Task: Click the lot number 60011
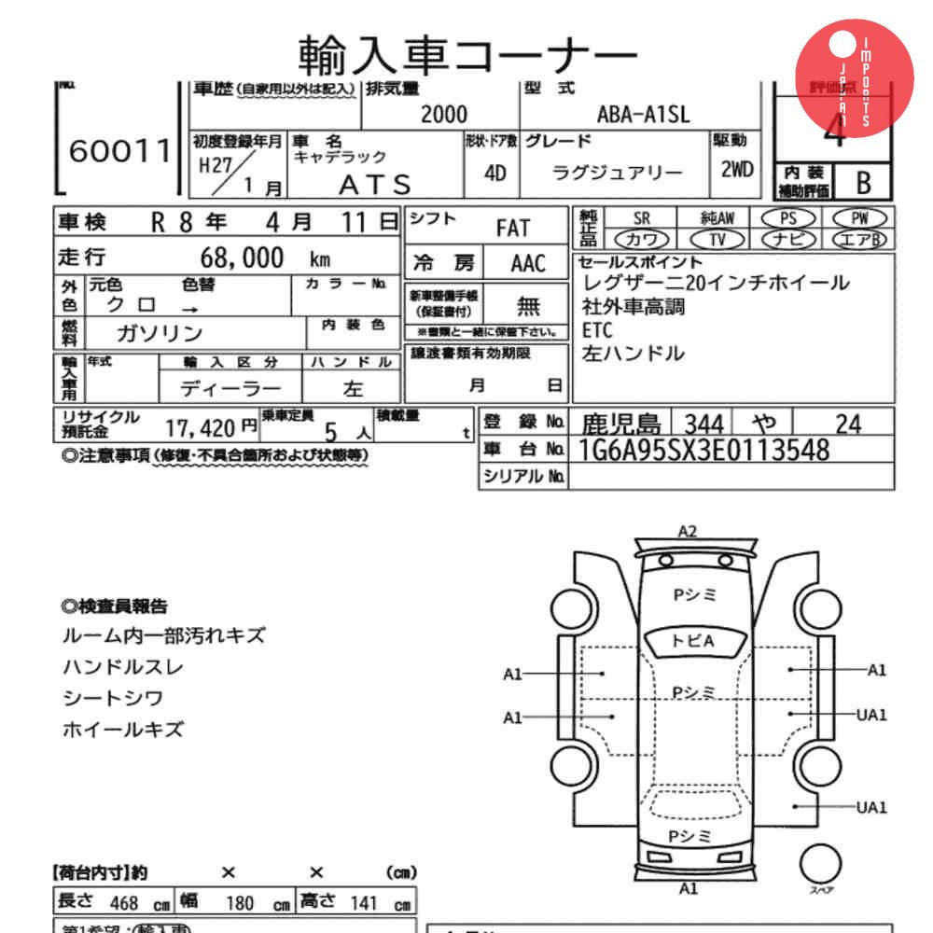coord(120,151)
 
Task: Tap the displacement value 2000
coord(443,114)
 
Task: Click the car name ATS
coord(374,184)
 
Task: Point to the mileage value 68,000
coord(243,258)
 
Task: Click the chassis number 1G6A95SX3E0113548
coord(704,451)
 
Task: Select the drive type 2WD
coord(737,171)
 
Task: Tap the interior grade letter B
coord(862,181)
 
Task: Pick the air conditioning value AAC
coord(527,263)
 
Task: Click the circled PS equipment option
coord(788,217)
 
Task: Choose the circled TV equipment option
coord(717,239)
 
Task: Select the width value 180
coord(241,903)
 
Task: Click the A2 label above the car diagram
coord(687,531)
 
